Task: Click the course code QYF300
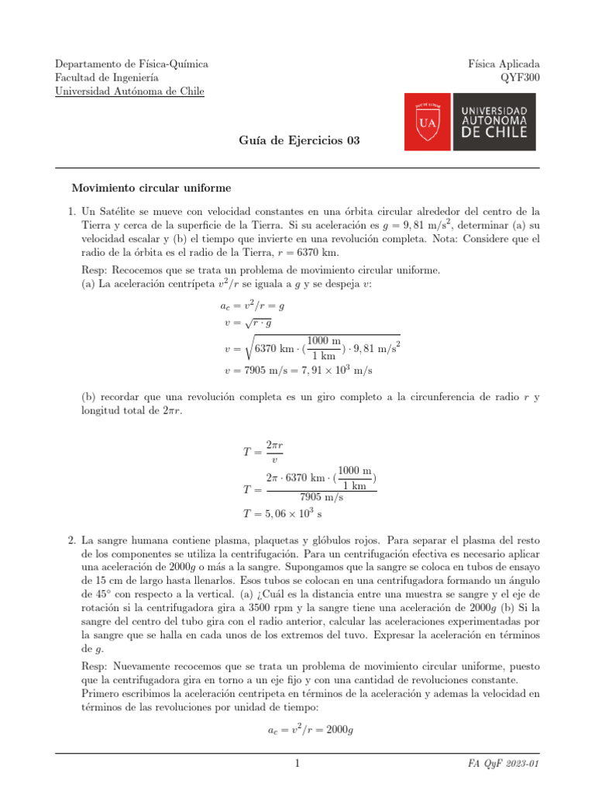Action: pyautogui.click(x=521, y=78)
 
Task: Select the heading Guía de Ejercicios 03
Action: pyautogui.click(x=297, y=140)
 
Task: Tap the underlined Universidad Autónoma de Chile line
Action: pyautogui.click(x=129, y=91)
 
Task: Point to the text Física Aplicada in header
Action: pyautogui.click(x=504, y=64)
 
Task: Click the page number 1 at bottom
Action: pyautogui.click(x=297, y=765)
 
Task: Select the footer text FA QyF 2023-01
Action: pyautogui.click(x=503, y=765)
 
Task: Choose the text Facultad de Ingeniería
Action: pyautogui.click(x=107, y=78)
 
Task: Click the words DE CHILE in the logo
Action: pyautogui.click(x=494, y=132)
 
